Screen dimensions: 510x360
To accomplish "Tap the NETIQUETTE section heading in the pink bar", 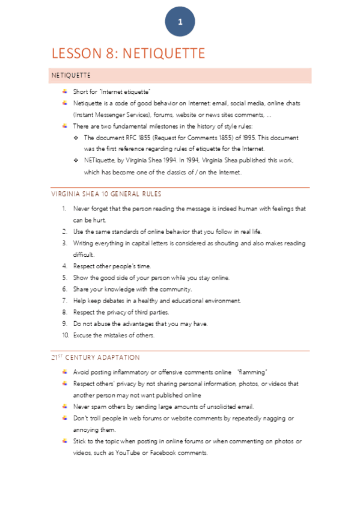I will [71, 75].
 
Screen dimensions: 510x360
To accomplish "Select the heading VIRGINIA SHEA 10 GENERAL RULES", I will [106, 194].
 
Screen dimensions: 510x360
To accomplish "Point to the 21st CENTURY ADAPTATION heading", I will [96, 357].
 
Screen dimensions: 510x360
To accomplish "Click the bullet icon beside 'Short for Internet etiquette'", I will [64, 91].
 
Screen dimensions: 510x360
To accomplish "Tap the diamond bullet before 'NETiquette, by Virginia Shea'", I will [76, 160].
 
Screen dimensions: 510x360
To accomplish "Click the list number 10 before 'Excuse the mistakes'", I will [65, 335].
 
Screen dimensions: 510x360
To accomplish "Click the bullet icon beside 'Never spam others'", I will [64, 407].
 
